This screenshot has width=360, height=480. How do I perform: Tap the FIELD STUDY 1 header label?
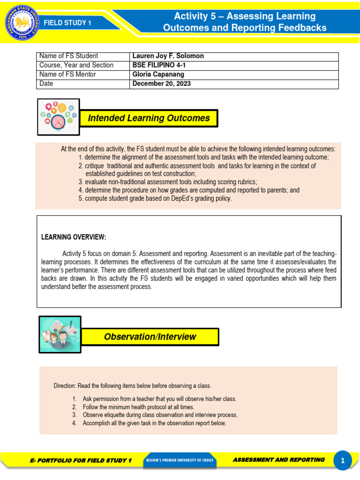(67, 23)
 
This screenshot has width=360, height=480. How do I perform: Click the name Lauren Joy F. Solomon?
(168, 56)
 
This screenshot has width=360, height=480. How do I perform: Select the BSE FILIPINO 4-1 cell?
(159, 65)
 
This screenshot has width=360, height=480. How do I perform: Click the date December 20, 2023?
(161, 84)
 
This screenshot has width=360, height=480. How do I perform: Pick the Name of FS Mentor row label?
(67, 75)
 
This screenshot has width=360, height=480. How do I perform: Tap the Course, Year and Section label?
(76, 65)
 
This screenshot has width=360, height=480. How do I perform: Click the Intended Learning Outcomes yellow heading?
(149, 118)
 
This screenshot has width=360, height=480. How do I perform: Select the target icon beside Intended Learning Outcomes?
(58, 117)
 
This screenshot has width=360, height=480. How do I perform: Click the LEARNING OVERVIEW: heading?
(74, 237)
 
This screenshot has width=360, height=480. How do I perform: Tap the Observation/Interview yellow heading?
(150, 337)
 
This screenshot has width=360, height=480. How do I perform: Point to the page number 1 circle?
(343, 461)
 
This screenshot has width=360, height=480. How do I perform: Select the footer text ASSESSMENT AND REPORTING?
(278, 460)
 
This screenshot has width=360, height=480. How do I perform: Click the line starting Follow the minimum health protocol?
(138, 407)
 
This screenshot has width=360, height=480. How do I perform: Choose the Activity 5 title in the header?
(244, 22)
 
